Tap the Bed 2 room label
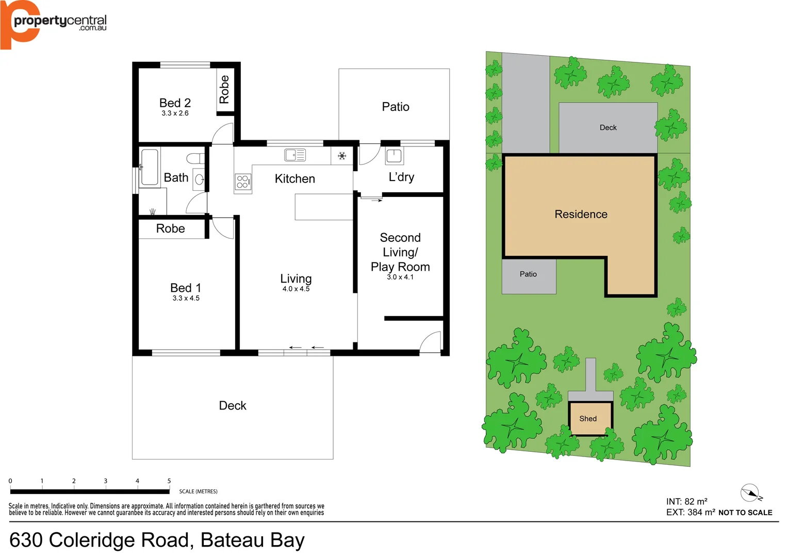(175, 103)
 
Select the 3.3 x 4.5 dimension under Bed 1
(186, 298)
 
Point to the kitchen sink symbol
(295, 155)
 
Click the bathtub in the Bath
(150, 167)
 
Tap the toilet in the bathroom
(195, 158)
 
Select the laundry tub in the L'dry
(394, 155)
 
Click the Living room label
(295, 278)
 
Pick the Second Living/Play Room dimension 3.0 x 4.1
(400, 277)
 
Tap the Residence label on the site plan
(581, 214)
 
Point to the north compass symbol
(750, 493)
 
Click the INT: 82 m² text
(686, 501)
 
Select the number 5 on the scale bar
(169, 481)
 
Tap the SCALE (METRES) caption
(198, 492)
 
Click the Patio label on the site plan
(528, 274)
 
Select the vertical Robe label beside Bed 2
(224, 89)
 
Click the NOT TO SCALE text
(745, 513)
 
